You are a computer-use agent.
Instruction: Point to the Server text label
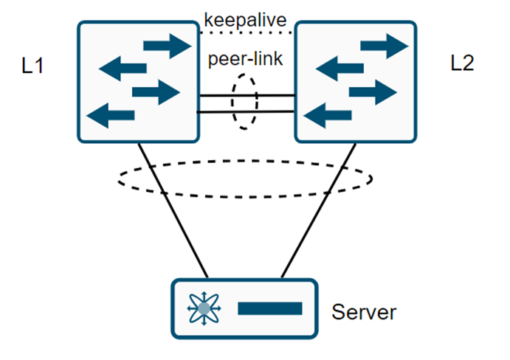point(363,312)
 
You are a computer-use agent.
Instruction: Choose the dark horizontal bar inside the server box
point(269,308)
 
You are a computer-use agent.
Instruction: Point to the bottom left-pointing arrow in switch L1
point(111,114)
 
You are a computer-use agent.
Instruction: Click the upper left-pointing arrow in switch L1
point(123,70)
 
